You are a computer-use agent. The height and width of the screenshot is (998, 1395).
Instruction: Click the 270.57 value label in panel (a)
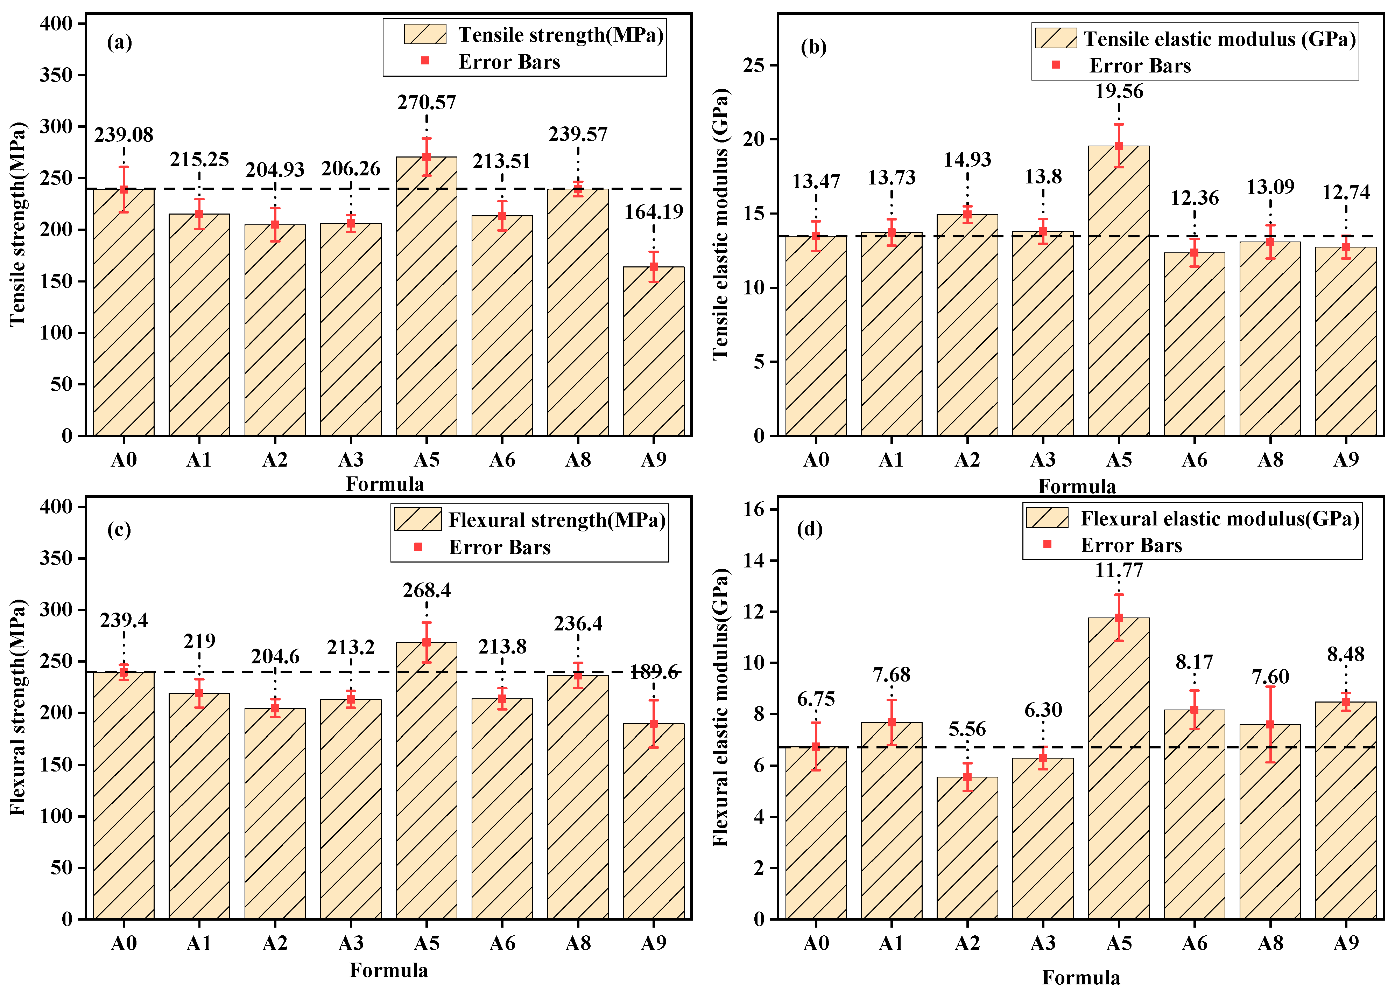tap(426, 102)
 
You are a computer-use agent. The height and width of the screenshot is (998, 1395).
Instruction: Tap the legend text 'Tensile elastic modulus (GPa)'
tap(1219, 39)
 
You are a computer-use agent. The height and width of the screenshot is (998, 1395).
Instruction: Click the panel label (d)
tap(810, 529)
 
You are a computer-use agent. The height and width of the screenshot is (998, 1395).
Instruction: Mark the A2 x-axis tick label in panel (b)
tap(967, 460)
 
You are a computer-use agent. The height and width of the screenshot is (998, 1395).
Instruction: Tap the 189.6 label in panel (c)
tap(654, 672)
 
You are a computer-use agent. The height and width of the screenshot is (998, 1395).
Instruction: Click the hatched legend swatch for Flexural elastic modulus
tap(1047, 517)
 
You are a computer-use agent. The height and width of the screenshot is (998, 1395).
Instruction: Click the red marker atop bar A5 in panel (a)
tap(426, 157)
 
